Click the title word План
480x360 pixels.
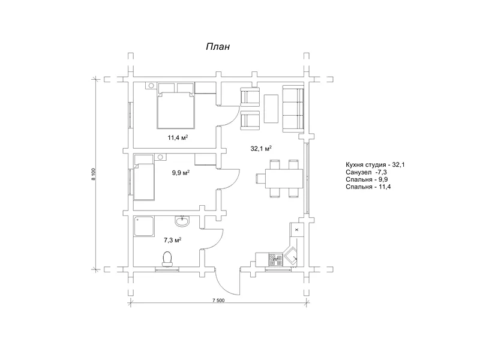click(x=218, y=47)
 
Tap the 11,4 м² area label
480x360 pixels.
click(x=178, y=137)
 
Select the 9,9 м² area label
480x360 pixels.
click(x=181, y=173)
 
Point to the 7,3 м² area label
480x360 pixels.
click(x=172, y=240)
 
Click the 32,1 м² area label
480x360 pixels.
click(x=261, y=148)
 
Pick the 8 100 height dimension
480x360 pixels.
click(x=94, y=174)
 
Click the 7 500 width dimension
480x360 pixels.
click(x=218, y=301)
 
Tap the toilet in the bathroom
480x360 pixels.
click(x=167, y=260)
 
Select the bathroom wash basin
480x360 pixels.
click(x=182, y=221)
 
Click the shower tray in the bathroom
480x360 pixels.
click(x=144, y=226)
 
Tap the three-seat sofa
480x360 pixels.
click(x=293, y=109)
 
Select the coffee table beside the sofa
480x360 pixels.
click(x=271, y=109)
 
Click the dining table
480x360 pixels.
click(x=283, y=178)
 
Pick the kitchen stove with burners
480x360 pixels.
click(x=275, y=260)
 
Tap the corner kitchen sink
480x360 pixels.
click(x=290, y=255)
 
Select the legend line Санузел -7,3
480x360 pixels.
click(x=366, y=172)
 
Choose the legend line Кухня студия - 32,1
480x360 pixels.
click(x=376, y=164)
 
